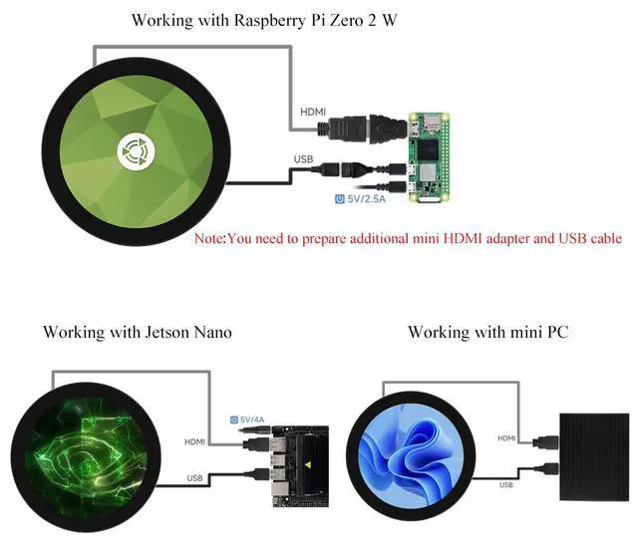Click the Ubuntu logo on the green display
pos(136,151)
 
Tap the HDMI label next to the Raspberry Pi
pos(313,112)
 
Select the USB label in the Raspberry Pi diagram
pos(303,159)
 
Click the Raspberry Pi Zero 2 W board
pos(429,157)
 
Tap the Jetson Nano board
pos(300,466)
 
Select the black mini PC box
pos(594,457)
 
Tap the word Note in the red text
pos(209,238)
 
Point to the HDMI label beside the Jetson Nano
pos(195,442)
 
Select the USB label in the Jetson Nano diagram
pos(195,478)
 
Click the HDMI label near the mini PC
pos(506,438)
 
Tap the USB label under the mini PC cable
pos(506,485)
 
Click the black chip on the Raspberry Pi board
pos(428,150)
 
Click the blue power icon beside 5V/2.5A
pos(340,199)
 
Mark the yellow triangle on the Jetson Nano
pos(308,464)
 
